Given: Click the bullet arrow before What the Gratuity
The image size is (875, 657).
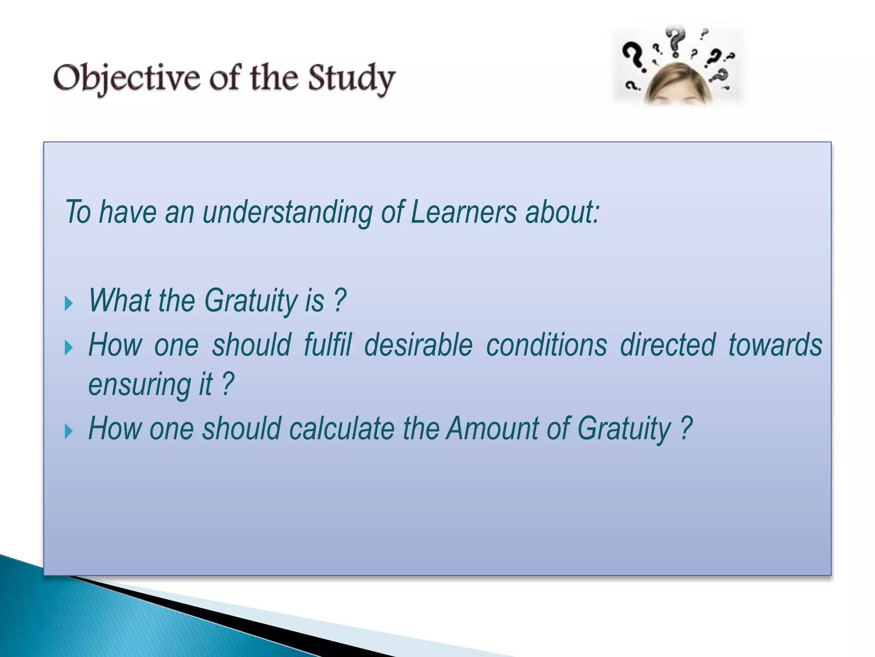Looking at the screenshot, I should [69, 304].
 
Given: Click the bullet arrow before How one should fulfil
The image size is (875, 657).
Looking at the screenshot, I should [69, 348].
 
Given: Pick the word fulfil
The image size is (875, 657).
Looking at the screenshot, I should [328, 345].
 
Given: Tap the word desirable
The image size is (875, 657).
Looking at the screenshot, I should [418, 345].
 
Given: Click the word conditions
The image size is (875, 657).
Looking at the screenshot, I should [546, 345].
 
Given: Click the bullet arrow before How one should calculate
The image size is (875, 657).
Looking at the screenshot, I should [69, 432].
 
